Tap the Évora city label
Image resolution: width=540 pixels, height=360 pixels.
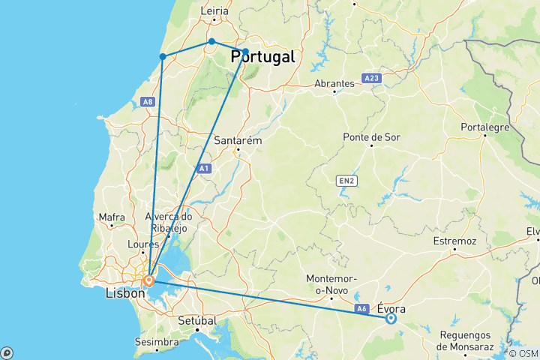[x=393, y=307]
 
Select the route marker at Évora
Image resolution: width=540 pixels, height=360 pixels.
[x=391, y=319]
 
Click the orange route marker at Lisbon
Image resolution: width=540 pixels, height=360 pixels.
[x=148, y=281]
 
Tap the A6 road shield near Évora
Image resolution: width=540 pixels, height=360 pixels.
[x=361, y=308]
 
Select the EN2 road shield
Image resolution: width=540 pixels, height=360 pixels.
[x=345, y=180]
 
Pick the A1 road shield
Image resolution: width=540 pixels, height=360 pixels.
[x=203, y=169]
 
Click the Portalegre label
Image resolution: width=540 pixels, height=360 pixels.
[x=486, y=127]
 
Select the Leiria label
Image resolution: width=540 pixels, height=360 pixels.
[x=214, y=11]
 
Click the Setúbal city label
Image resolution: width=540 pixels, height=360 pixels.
[x=196, y=320]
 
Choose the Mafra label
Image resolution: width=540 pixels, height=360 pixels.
[x=112, y=217]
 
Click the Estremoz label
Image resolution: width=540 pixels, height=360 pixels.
[x=454, y=241]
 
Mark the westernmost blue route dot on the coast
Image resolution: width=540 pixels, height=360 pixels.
[x=163, y=56]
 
